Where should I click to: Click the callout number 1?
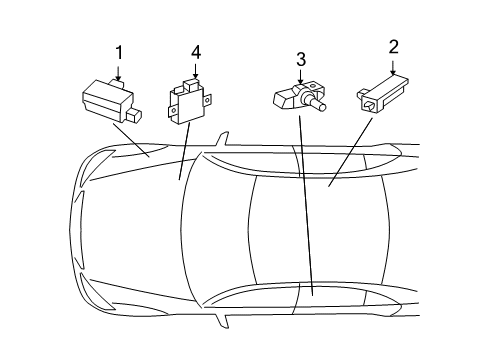click(119, 53)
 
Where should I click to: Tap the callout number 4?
click(196, 53)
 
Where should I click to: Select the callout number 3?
click(301, 59)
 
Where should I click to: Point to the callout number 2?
click(393, 47)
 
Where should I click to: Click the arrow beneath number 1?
click(118, 73)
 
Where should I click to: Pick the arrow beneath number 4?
click(195, 71)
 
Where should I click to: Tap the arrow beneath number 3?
click(301, 77)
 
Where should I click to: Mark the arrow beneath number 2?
click(393, 68)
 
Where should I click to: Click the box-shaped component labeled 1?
click(111, 100)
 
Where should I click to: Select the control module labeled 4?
click(189, 101)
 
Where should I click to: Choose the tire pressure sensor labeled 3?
click(299, 97)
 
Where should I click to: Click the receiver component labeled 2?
click(383, 94)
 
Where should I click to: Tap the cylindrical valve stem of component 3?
click(318, 104)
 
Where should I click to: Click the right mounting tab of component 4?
click(207, 100)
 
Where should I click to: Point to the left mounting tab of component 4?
click(172, 111)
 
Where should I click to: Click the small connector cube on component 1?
click(134, 115)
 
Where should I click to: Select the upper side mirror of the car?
click(223, 139)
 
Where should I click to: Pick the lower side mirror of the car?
click(222, 321)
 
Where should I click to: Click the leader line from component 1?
click(131, 140)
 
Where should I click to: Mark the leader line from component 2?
click(350, 152)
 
